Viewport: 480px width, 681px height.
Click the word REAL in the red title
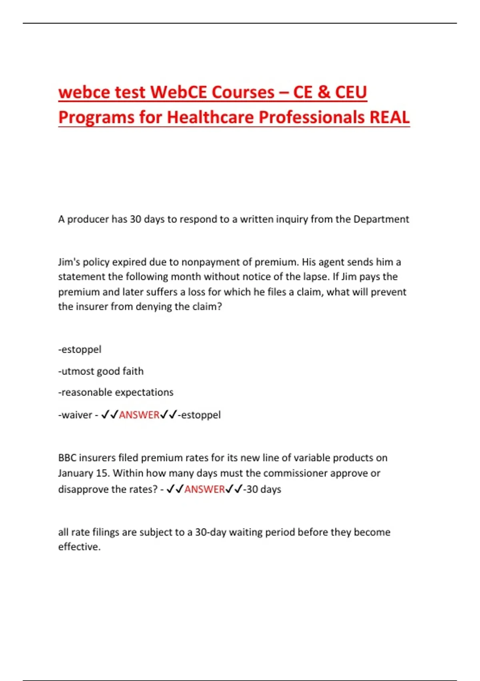(390, 117)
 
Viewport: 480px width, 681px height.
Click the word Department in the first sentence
(381, 219)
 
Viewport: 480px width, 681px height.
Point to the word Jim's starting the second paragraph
(69, 262)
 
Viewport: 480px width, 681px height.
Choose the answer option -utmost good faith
(101, 371)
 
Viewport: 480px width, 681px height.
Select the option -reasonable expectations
(116, 392)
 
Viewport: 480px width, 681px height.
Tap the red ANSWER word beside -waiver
(139, 415)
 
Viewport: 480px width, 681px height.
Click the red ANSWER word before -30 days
(204, 489)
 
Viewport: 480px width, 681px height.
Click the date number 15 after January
(102, 473)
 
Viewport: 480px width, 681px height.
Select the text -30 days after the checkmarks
(262, 489)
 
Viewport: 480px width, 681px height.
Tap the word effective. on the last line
(79, 547)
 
